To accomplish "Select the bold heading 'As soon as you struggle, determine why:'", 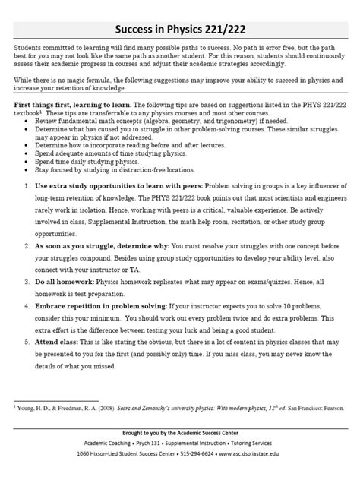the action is coord(87,247).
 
